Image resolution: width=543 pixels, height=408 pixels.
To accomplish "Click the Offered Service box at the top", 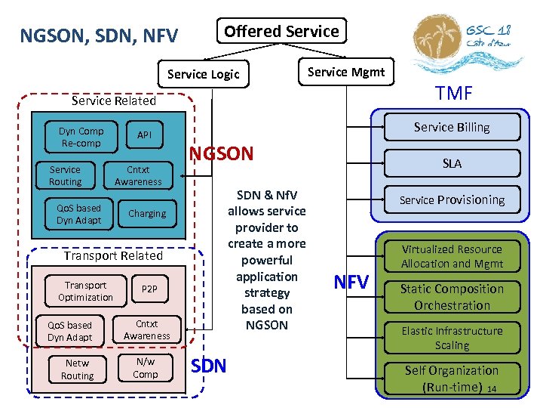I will point(281,31).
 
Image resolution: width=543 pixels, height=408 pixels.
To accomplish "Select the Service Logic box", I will point(203,74).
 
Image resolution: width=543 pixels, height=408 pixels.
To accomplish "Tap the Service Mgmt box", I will point(346,73).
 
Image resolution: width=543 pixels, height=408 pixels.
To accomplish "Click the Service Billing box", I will point(451,127).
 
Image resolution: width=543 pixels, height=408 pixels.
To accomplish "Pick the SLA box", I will point(451,163).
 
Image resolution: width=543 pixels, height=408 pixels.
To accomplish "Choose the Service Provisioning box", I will point(451,200).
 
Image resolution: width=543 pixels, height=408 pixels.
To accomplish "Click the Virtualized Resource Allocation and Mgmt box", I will point(451,256).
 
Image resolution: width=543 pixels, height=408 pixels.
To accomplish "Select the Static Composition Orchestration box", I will point(451,297).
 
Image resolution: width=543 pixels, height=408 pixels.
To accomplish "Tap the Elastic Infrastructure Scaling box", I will point(451,338).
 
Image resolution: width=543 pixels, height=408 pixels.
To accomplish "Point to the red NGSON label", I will point(221,154).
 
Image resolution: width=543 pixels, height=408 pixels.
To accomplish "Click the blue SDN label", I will point(209,366).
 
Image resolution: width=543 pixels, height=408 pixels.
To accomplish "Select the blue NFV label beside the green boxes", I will point(351,283).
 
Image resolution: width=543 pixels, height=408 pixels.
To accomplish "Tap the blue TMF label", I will point(453,93).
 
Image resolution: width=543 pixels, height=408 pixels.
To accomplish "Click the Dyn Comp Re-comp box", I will point(81,137).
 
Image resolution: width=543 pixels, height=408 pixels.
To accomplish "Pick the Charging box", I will point(146,214).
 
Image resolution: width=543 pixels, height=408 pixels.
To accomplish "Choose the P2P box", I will point(149,289).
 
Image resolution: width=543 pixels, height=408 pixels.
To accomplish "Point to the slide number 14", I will point(492,389).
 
